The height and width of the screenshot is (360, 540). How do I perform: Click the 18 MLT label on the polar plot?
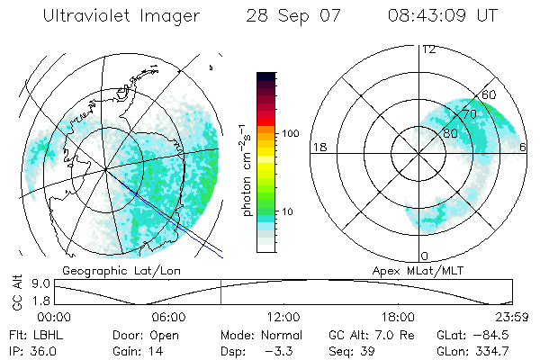click(318, 147)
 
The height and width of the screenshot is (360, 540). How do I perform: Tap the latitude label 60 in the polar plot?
click(490, 94)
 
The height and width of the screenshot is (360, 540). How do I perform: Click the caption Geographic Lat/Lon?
click(121, 270)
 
